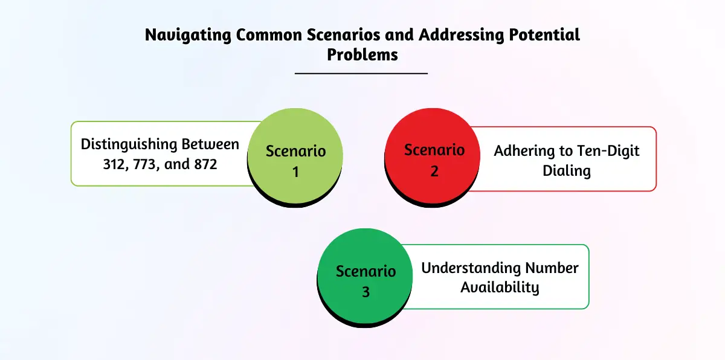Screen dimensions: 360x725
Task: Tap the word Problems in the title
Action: click(362, 54)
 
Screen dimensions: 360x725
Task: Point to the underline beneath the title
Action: click(361, 73)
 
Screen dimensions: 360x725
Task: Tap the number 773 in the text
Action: click(147, 163)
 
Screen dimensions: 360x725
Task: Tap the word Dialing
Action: click(567, 170)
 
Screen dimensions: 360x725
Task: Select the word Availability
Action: click(500, 287)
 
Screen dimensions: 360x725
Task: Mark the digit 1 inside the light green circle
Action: click(296, 172)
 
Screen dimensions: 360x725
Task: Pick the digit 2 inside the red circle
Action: click(434, 171)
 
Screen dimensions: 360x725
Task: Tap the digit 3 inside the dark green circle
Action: click(366, 292)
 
